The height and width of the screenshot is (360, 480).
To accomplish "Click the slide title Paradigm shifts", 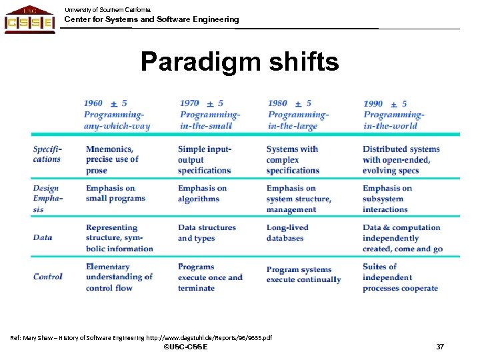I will pyautogui.click(x=239, y=63).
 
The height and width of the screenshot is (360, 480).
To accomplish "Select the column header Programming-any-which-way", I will pyautogui.click(x=117, y=115).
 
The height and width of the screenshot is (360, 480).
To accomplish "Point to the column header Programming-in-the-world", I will pyautogui.click(x=394, y=115).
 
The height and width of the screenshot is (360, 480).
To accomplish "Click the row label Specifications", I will pyautogui.click(x=47, y=154).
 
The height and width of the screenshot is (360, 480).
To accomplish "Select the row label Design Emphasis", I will pyautogui.click(x=47, y=199).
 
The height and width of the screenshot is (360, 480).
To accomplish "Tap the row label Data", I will pyautogui.click(x=43, y=237).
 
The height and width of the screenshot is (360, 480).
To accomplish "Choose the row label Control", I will pyautogui.click(x=48, y=277).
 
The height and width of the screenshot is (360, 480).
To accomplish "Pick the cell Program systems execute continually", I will pyautogui.click(x=303, y=275).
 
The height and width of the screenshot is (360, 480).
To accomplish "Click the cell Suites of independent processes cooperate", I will pyautogui.click(x=400, y=277).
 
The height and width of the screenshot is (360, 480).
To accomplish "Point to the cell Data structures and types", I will pyautogui.click(x=207, y=233).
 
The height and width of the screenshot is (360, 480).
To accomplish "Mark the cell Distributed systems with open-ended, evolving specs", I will pyautogui.click(x=401, y=159).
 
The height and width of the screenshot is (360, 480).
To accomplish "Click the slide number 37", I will pyautogui.click(x=439, y=347).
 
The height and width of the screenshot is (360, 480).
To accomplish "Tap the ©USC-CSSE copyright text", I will pyautogui.click(x=185, y=347).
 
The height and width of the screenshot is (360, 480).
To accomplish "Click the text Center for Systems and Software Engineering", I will pyautogui.click(x=151, y=19).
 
